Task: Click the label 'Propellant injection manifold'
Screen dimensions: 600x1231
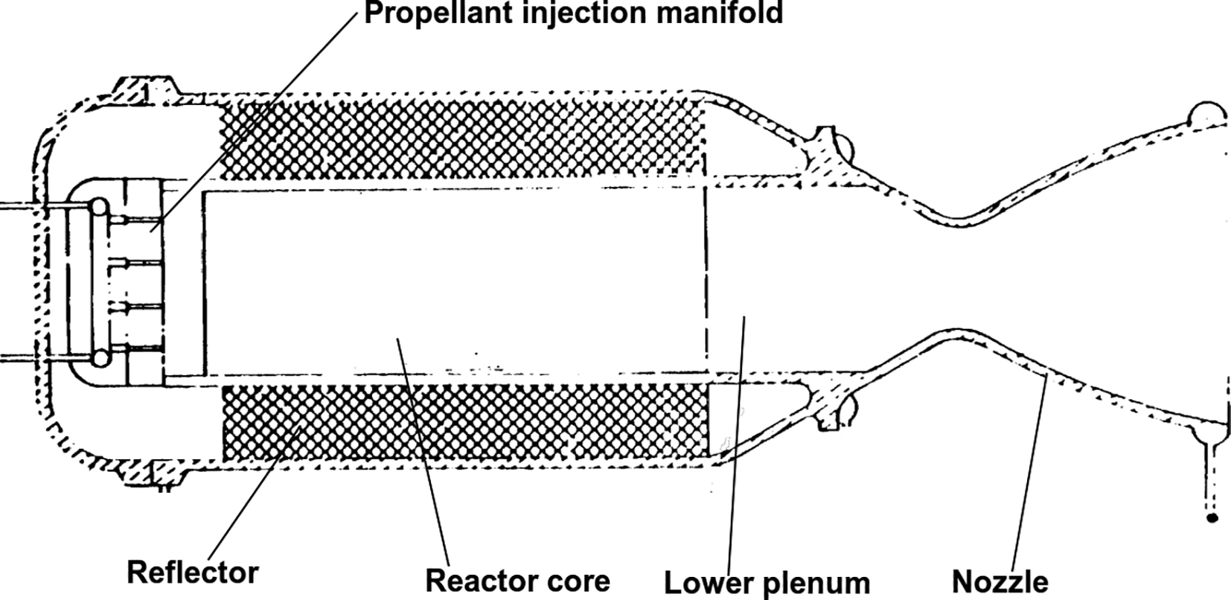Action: point(573,13)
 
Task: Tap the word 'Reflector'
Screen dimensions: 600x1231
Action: point(193,572)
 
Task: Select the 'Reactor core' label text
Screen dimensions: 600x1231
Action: point(517,580)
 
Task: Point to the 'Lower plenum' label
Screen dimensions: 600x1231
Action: point(767,583)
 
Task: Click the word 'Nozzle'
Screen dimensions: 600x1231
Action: point(1000,581)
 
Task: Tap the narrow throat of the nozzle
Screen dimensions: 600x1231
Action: point(960,275)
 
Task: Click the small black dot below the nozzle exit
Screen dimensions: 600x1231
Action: point(1212,517)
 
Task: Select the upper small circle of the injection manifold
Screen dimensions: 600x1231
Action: point(97,206)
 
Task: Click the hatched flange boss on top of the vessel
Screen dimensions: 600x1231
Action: point(144,86)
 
